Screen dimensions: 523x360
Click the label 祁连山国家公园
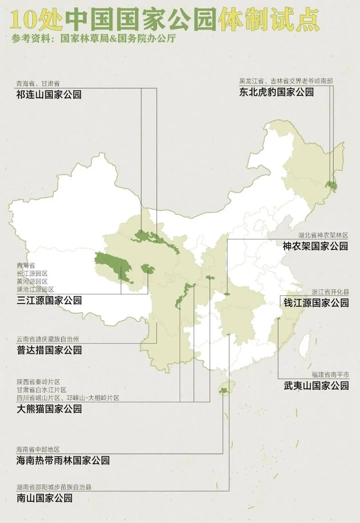(49, 95)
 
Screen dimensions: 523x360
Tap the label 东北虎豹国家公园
(276, 92)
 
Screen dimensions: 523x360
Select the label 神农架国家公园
(315, 246)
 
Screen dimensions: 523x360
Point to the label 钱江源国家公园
(316, 303)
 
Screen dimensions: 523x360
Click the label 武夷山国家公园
(316, 386)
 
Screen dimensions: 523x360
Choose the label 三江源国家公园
(49, 300)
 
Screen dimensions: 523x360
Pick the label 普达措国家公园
(49, 350)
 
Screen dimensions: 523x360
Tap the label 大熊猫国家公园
(49, 409)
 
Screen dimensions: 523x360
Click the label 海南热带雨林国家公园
(63, 460)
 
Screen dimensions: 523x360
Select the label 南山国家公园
(44, 498)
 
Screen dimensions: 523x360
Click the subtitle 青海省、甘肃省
(38, 84)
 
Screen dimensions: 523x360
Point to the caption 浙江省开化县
(330, 292)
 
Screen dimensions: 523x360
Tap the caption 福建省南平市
(330, 375)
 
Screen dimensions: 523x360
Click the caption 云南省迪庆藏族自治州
(48, 340)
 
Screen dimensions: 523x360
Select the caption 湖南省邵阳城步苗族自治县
(54, 487)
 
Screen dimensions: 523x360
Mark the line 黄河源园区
(32, 281)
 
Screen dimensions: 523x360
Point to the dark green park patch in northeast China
(331, 184)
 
